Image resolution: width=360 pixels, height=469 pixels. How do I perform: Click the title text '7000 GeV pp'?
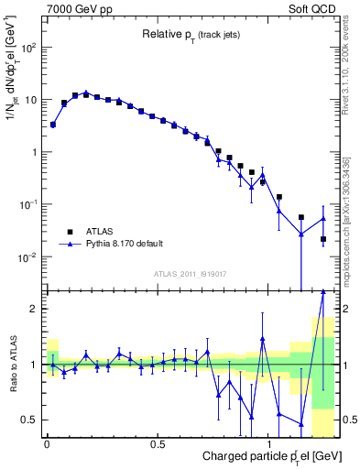pos(75,8)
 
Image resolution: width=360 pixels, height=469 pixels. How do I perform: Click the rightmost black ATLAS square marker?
pos(323,239)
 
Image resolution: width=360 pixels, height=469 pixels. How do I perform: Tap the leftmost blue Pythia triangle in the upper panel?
pos(53,124)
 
